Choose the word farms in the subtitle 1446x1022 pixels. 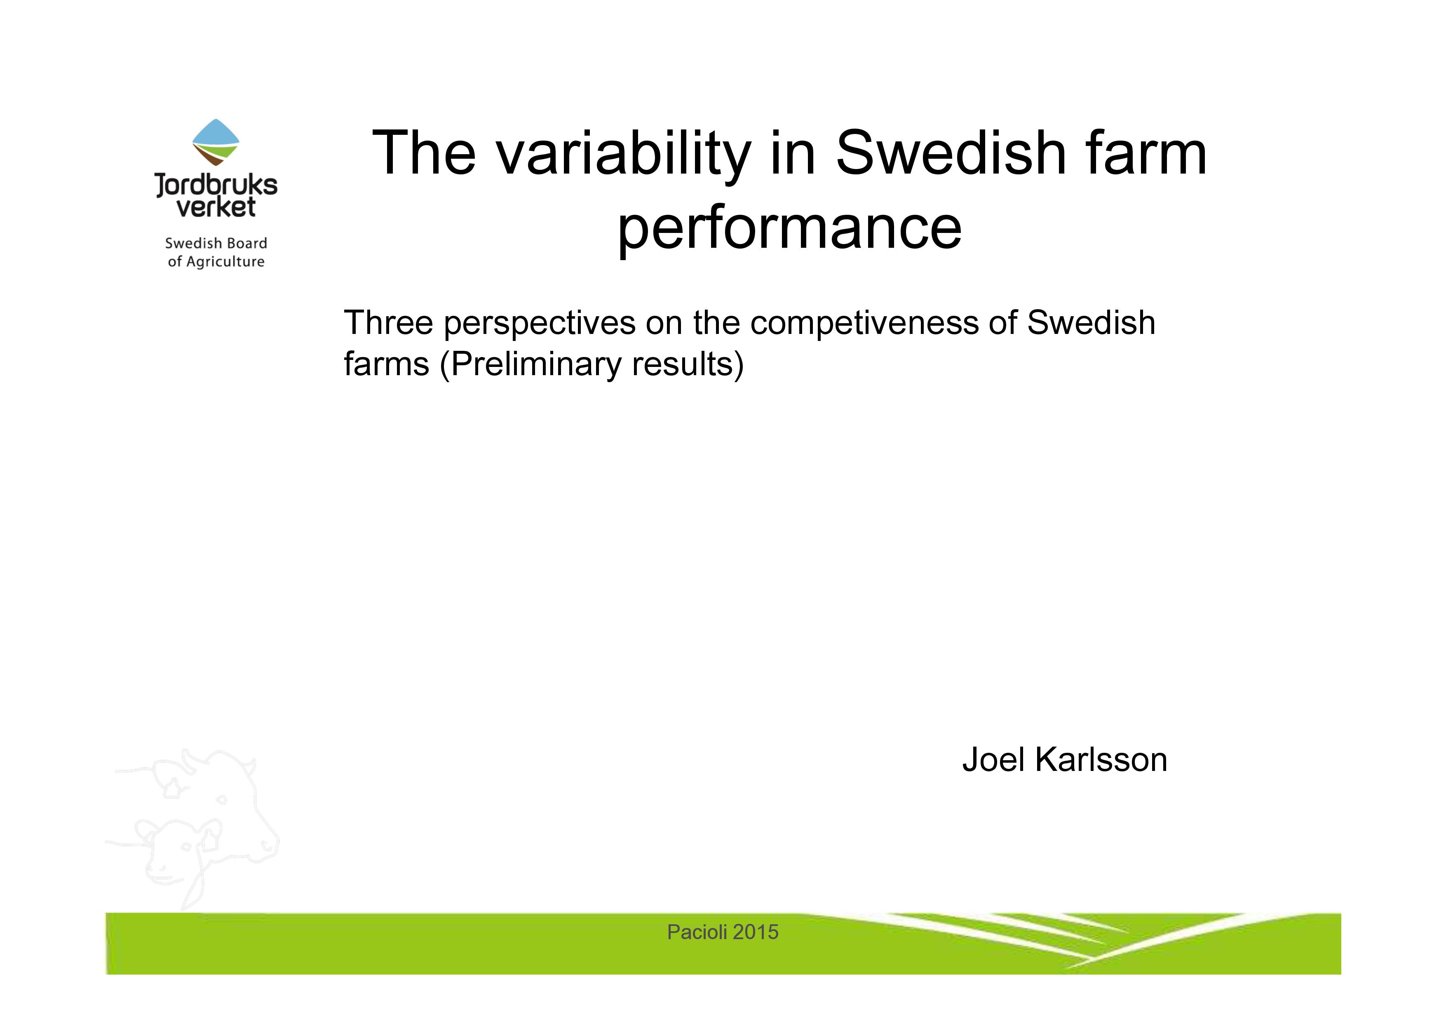[x=387, y=364]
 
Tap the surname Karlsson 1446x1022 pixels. [x=1101, y=759]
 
